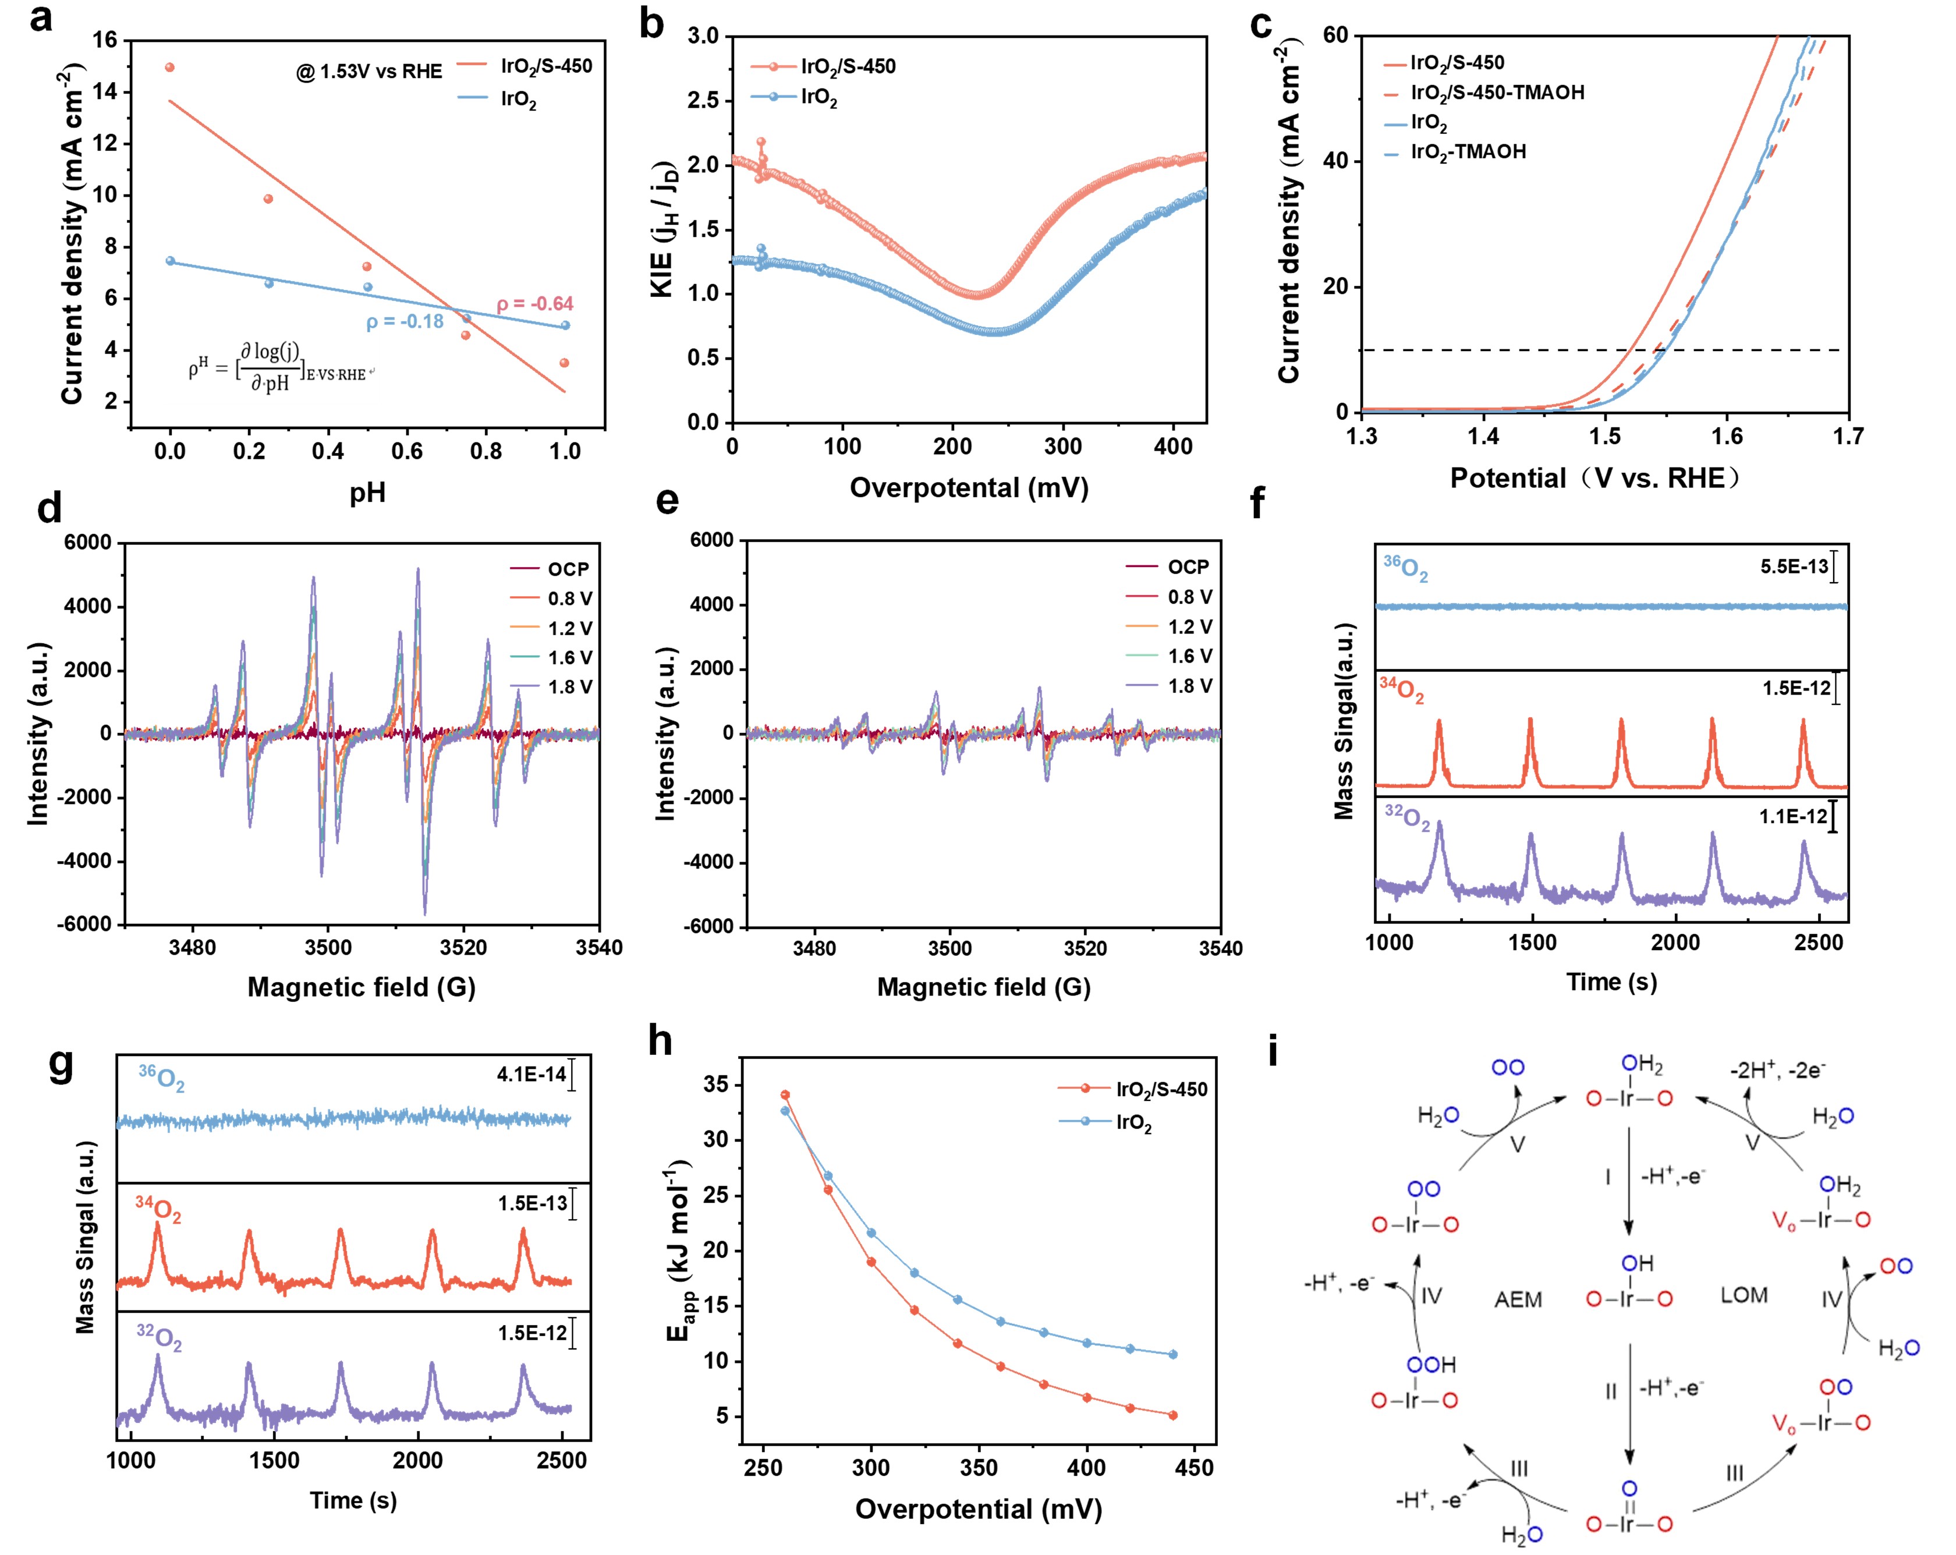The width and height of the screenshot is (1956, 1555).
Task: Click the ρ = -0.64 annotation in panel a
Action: [535, 304]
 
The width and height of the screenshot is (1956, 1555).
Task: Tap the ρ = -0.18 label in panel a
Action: [405, 322]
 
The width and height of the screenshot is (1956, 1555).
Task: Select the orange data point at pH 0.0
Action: [169, 67]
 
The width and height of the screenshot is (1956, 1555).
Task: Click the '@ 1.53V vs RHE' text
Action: [369, 72]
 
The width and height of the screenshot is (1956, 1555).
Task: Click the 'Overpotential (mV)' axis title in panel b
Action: [969, 488]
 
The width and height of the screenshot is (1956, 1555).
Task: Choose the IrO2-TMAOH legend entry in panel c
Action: [1467, 151]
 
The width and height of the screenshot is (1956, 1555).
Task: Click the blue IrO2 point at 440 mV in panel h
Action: [1173, 1355]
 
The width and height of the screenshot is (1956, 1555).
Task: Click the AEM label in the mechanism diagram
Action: [1518, 1300]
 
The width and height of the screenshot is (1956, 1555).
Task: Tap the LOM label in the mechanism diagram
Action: [1744, 1295]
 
